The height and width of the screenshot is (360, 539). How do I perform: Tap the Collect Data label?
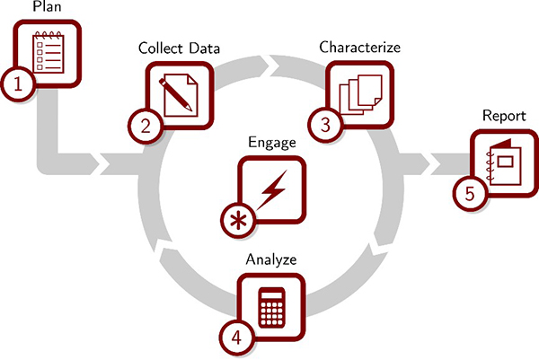[179, 48]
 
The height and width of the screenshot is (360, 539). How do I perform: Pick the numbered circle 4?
[235, 338]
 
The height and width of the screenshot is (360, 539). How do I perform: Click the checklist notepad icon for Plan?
[50, 52]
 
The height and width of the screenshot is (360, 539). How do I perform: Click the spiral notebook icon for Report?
[504, 163]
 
